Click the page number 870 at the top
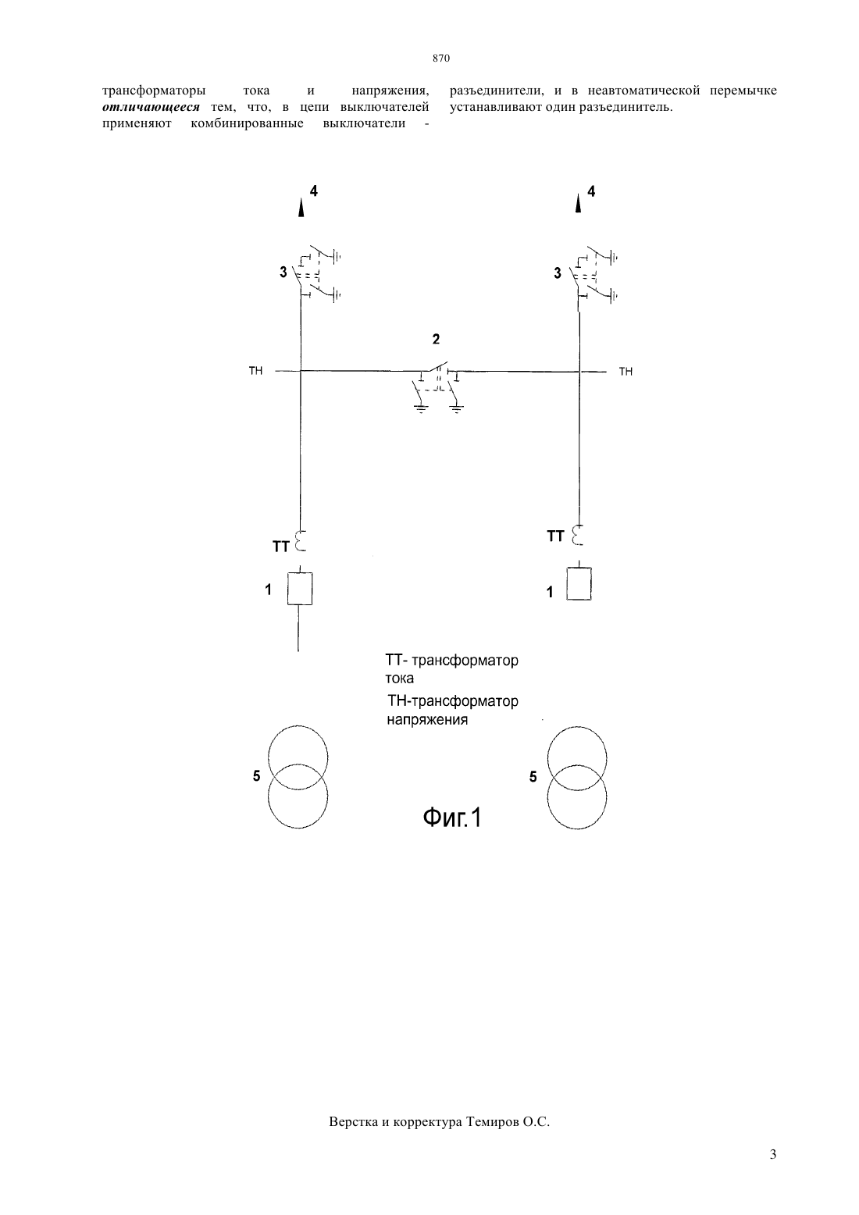(x=441, y=58)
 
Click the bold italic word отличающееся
(x=151, y=107)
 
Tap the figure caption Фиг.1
(x=451, y=818)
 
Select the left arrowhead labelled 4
(x=301, y=208)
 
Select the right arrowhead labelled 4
(x=578, y=204)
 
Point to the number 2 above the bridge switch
(x=436, y=339)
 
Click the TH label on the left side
(x=255, y=370)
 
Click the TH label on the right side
(x=626, y=372)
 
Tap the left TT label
(x=281, y=547)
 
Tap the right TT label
(x=555, y=536)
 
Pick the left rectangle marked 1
(x=299, y=589)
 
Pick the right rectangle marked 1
(x=579, y=583)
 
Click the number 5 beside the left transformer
(x=256, y=776)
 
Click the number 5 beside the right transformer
(x=533, y=777)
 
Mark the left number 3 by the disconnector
(x=283, y=273)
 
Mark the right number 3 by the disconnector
(x=558, y=273)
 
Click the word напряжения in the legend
(x=427, y=720)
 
